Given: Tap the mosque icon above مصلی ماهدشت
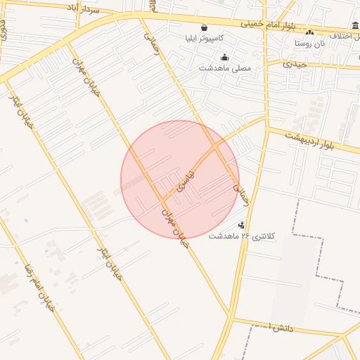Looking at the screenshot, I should [224, 58].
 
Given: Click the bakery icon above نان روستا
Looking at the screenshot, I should [309, 33].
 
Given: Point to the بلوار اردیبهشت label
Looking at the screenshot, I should [310, 141].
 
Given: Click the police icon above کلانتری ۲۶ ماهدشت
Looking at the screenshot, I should [242, 225].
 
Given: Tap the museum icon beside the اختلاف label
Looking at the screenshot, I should [355, 26].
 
